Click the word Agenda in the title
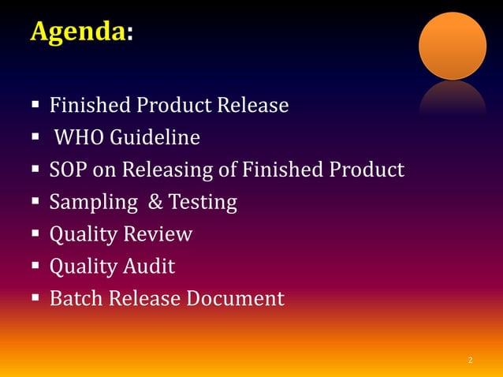tap(76, 32)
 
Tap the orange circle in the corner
tap(452, 46)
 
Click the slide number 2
tap(470, 360)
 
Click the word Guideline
tap(155, 138)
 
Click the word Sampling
tap(88, 203)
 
